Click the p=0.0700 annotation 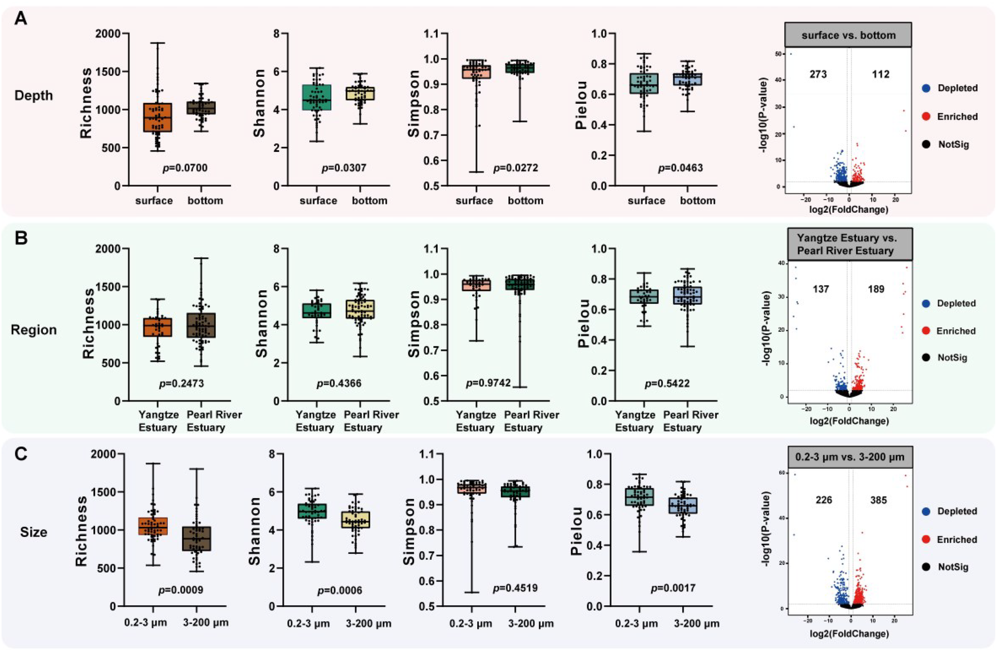coord(185,168)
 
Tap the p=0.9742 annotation coord(489,383)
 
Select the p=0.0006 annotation coord(339,591)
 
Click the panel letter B coord(22,238)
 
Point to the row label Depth coord(33,95)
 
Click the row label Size coord(33,532)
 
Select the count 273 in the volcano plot coord(818,75)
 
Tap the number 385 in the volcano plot coord(878,500)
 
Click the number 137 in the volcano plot coord(821,289)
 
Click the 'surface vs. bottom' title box coord(848,35)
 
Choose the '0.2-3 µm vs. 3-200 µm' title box coord(850,457)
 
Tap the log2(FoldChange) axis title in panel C coord(849,634)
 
